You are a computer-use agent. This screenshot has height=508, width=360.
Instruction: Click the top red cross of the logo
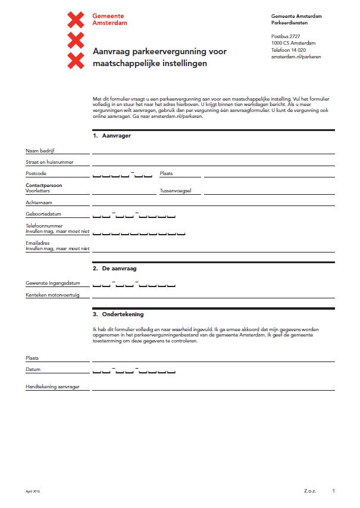point(76,20)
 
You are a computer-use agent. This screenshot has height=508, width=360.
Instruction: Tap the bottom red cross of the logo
point(76,60)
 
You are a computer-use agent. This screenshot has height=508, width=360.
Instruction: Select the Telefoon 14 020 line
point(289,50)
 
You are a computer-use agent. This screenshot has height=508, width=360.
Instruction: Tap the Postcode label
point(36,173)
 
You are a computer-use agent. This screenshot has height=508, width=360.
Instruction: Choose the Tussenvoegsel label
point(180,192)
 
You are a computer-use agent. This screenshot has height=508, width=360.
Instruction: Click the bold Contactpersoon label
point(43,185)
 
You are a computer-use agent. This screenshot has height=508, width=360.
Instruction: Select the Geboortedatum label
point(43,214)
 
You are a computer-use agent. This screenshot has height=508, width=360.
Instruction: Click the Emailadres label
point(37,243)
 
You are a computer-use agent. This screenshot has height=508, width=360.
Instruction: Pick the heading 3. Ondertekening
point(118,314)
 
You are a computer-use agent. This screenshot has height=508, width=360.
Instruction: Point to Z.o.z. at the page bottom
point(309,491)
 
